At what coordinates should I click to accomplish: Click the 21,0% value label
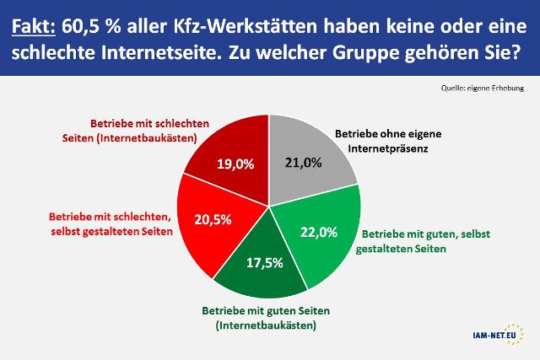click(x=304, y=164)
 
